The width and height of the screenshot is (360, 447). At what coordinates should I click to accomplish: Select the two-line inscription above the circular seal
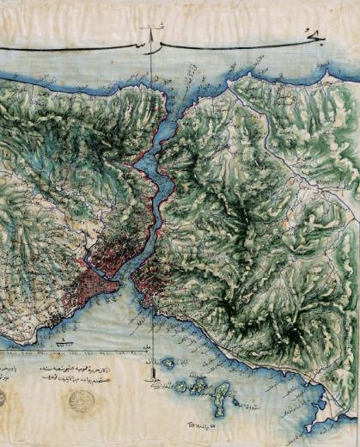coord(78,372)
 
